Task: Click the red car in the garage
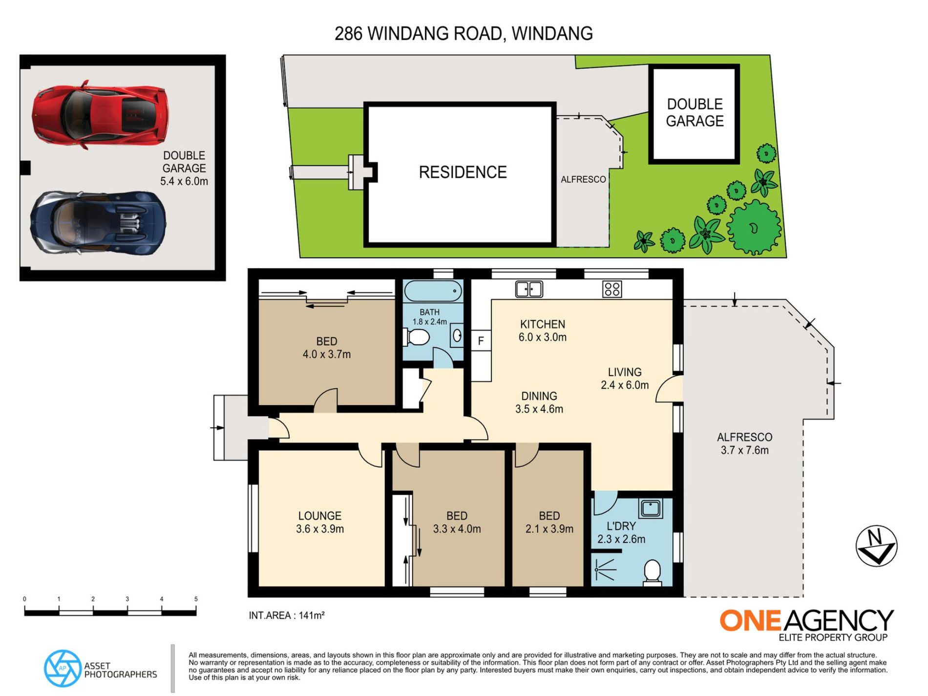100,115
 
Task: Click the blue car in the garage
98,223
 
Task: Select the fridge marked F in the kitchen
481,341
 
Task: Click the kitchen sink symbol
529,289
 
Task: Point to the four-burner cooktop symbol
612,289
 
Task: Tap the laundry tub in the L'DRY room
651,508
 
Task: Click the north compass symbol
876,546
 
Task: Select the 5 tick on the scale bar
196,599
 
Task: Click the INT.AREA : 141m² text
287,616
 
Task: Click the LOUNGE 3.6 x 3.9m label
320,522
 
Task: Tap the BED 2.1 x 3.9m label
549,522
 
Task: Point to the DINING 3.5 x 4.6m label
539,402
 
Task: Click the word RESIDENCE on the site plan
463,172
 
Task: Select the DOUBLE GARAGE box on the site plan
694,113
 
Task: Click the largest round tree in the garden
754,227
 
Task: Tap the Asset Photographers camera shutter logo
63,668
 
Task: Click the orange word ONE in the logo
750,621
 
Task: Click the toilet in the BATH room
417,337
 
